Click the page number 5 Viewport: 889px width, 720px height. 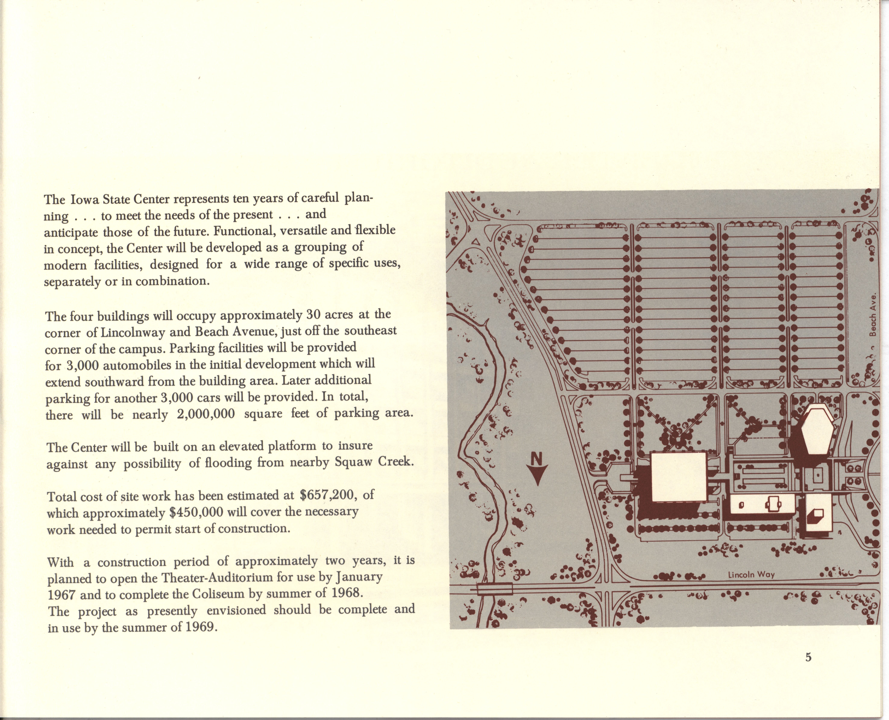coord(808,669)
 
